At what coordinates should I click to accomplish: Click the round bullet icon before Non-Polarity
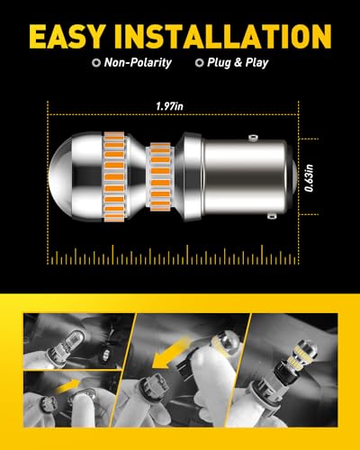pos(95,65)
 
